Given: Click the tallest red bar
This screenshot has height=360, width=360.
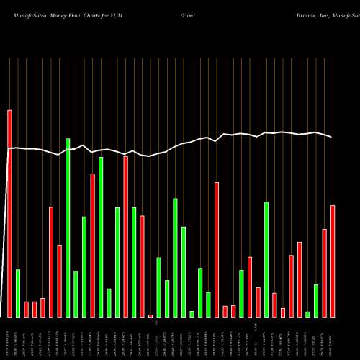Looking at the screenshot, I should click(9, 214).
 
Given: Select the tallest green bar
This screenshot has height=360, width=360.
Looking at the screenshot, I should click(68, 228).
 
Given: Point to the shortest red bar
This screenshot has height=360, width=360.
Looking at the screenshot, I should click(150, 315).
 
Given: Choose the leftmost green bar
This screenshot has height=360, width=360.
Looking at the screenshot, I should click(18, 293).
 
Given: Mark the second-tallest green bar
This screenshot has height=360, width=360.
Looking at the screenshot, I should click(101, 237).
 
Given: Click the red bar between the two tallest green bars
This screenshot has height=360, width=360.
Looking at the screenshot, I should click(92, 245).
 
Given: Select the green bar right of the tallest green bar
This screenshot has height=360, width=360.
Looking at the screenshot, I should click(76, 294).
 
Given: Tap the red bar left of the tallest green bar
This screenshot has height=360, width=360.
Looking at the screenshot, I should click(59, 281).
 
